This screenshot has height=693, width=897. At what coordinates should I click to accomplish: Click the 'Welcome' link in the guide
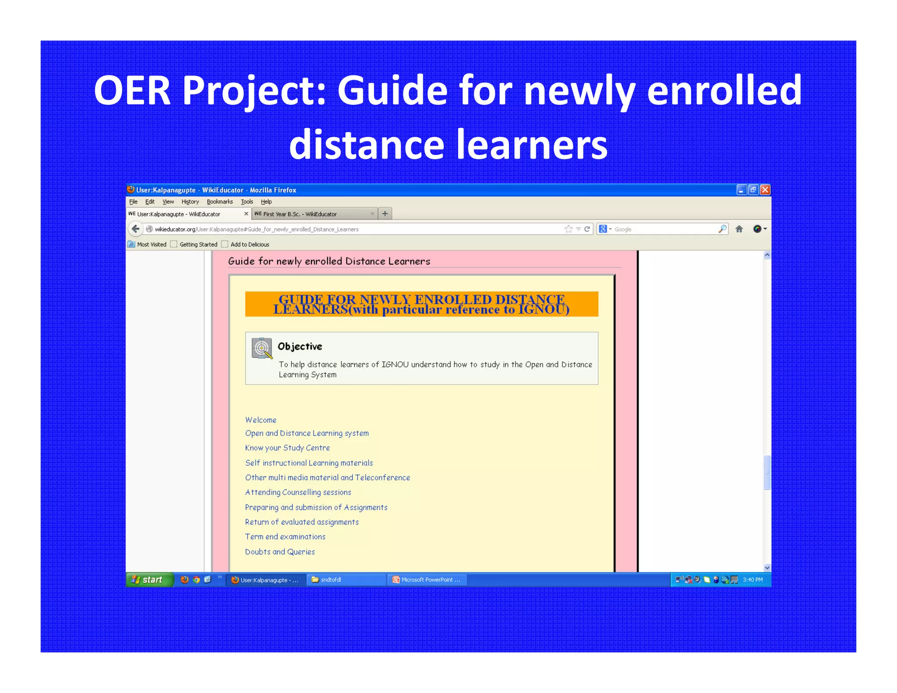(x=261, y=420)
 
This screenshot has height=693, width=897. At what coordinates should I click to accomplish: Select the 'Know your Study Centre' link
(x=287, y=448)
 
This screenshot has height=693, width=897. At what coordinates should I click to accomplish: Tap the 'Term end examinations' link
(x=285, y=537)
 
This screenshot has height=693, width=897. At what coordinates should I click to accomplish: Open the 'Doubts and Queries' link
(x=280, y=552)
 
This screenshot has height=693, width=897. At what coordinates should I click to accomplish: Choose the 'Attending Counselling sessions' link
(x=298, y=492)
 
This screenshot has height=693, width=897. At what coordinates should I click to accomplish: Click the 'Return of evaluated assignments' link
(x=302, y=522)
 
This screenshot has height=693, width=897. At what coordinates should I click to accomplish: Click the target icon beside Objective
(x=262, y=348)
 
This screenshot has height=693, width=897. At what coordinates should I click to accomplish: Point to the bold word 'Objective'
(x=300, y=346)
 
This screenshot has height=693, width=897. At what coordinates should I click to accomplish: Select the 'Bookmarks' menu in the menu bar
(x=219, y=202)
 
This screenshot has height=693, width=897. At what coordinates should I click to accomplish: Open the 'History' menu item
(x=190, y=202)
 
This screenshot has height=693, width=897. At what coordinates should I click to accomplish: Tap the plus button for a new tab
(x=385, y=214)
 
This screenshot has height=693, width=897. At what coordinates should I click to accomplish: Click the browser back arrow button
(x=136, y=229)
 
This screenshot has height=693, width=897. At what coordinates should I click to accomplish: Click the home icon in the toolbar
(x=739, y=229)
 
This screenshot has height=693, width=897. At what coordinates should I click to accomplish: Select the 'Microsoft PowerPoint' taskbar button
(x=427, y=580)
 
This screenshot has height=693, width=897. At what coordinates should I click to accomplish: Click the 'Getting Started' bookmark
(x=198, y=244)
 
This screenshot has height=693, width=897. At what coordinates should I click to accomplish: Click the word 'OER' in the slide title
(x=132, y=91)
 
